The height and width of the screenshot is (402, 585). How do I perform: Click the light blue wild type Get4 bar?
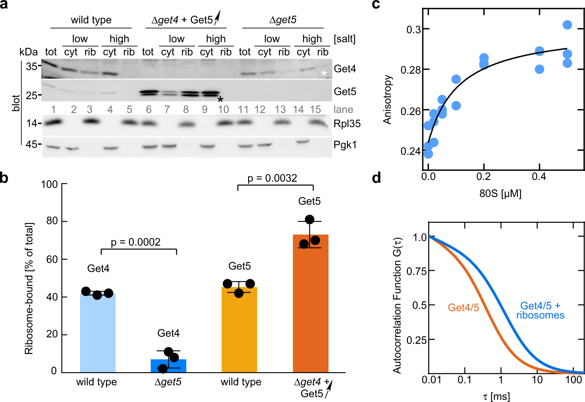98,332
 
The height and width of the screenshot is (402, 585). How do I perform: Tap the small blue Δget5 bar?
168,365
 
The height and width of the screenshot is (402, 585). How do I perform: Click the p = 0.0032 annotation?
272,178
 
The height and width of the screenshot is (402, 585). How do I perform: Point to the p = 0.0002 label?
136,242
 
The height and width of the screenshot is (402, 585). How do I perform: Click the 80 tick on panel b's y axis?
52,221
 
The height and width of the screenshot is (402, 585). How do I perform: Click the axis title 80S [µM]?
500,193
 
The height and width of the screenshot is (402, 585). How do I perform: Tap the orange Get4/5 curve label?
463,307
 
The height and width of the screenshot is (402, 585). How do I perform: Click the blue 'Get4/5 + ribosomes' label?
540,310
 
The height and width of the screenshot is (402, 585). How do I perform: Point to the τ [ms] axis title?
496,397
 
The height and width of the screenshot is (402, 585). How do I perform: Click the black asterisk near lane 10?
220,100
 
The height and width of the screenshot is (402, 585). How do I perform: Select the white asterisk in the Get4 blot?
324,73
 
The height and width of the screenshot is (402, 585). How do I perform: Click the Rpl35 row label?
347,124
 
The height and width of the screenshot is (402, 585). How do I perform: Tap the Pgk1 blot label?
345,145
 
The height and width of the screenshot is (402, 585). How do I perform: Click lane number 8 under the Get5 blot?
186,109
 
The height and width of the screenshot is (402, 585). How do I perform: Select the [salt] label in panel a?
345,39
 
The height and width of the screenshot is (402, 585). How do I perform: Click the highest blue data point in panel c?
567,25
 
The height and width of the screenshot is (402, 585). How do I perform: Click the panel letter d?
377,178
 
